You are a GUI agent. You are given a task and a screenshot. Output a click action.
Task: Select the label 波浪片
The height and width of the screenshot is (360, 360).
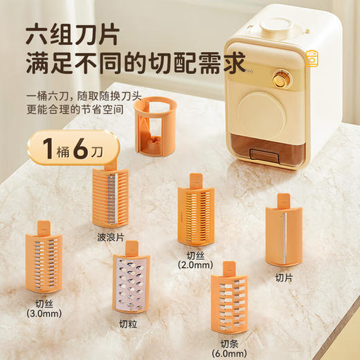pos(111,237)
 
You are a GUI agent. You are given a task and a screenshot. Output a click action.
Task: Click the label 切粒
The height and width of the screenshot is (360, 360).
pos(128,323)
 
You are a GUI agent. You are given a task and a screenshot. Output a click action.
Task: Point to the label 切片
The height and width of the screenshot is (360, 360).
pos(283,278)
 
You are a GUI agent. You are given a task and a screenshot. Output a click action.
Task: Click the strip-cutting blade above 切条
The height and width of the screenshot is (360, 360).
pos(229,305)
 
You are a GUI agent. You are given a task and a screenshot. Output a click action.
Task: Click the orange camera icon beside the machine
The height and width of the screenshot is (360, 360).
pos(312,59)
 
